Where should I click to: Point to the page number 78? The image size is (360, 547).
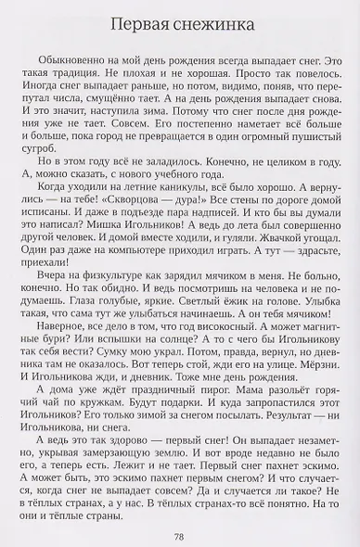(x=180, y=534)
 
